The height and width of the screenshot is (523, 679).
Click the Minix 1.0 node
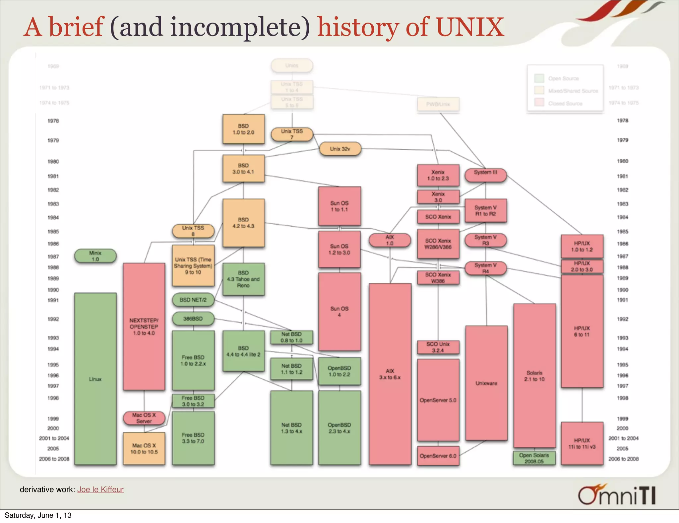95,256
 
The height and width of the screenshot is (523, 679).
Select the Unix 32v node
340,149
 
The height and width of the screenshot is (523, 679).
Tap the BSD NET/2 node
193,300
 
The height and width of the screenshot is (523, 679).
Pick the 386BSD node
193,319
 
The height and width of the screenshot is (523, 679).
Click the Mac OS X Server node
144,418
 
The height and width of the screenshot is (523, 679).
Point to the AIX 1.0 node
390,240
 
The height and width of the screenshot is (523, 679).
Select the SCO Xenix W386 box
438,278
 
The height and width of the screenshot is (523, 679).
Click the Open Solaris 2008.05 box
534,458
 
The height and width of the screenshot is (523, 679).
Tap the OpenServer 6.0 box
438,456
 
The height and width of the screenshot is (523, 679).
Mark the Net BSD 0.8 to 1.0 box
291,337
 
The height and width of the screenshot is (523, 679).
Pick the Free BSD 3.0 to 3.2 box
193,401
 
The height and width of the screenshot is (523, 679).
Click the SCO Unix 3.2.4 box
438,347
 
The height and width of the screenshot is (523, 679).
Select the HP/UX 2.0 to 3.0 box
582,266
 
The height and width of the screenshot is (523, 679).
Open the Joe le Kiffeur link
100,489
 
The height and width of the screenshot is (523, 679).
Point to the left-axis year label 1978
53,121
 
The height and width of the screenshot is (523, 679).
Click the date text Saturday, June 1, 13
38,515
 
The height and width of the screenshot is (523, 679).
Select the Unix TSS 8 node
193,231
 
